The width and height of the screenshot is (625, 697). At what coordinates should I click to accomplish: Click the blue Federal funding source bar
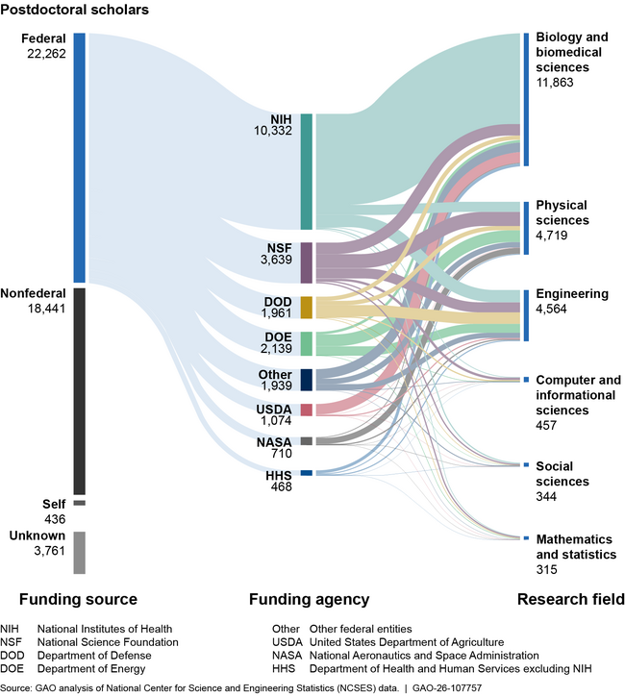(x=80, y=158)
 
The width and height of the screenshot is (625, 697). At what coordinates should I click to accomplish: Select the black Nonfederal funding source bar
(x=80, y=390)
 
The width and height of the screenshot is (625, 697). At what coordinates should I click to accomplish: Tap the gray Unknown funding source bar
(x=80, y=552)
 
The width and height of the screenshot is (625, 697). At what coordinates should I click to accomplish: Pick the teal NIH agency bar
(x=307, y=171)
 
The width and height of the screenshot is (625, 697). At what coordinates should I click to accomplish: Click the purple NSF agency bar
(x=307, y=262)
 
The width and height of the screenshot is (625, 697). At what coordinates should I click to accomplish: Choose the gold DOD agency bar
(x=307, y=307)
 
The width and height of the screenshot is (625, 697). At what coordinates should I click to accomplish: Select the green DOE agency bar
(x=307, y=343)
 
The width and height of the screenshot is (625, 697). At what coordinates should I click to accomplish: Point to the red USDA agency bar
(x=307, y=410)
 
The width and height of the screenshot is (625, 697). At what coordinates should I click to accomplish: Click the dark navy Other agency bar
(x=307, y=379)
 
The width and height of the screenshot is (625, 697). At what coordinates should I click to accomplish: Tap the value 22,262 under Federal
(x=44, y=55)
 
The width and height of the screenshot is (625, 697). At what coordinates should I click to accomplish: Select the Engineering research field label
(x=571, y=293)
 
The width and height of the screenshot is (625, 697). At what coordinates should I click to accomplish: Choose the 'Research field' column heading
(x=570, y=599)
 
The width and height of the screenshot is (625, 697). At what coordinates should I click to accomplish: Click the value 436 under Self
(x=53, y=518)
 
